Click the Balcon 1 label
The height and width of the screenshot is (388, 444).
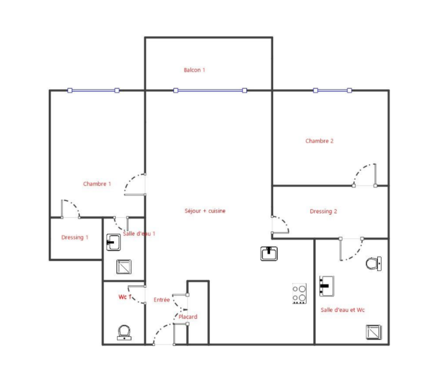click(x=194, y=70)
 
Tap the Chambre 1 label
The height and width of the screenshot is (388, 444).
click(x=97, y=184)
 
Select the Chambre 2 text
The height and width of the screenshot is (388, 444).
click(x=319, y=141)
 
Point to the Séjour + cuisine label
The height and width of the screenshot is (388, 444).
click(x=205, y=211)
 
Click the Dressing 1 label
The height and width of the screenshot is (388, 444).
click(x=75, y=237)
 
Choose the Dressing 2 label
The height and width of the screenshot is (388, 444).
click(x=323, y=212)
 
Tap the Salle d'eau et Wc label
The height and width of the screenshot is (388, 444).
click(x=342, y=310)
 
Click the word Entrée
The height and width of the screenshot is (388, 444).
click(x=162, y=300)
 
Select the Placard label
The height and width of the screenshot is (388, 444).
click(x=188, y=317)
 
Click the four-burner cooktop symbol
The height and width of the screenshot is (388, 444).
click(x=299, y=293)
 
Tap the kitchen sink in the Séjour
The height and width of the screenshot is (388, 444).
click(x=269, y=254)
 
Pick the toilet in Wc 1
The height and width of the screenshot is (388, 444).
click(x=124, y=332)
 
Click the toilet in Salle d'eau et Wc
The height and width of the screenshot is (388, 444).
click(x=374, y=264)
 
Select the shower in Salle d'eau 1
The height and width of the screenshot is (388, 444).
click(x=124, y=267)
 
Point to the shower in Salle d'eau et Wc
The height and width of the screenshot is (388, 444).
click(x=374, y=332)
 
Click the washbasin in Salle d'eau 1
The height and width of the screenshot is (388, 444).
click(x=113, y=242)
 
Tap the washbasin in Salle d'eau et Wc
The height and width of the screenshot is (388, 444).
click(x=327, y=286)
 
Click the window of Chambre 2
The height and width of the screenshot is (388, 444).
click(x=333, y=90)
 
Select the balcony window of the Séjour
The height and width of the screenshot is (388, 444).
click(x=210, y=90)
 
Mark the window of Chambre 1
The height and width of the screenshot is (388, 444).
click(x=94, y=90)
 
